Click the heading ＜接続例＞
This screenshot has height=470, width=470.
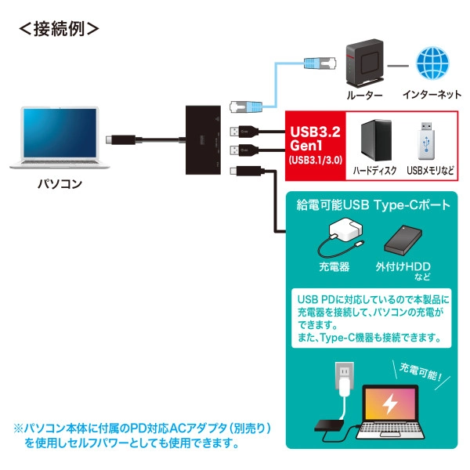[x=59, y=29]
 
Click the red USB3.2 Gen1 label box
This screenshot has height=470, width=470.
[x=314, y=145]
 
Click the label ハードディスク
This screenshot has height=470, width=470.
[x=374, y=170]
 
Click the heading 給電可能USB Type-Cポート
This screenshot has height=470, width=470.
[x=373, y=206]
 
